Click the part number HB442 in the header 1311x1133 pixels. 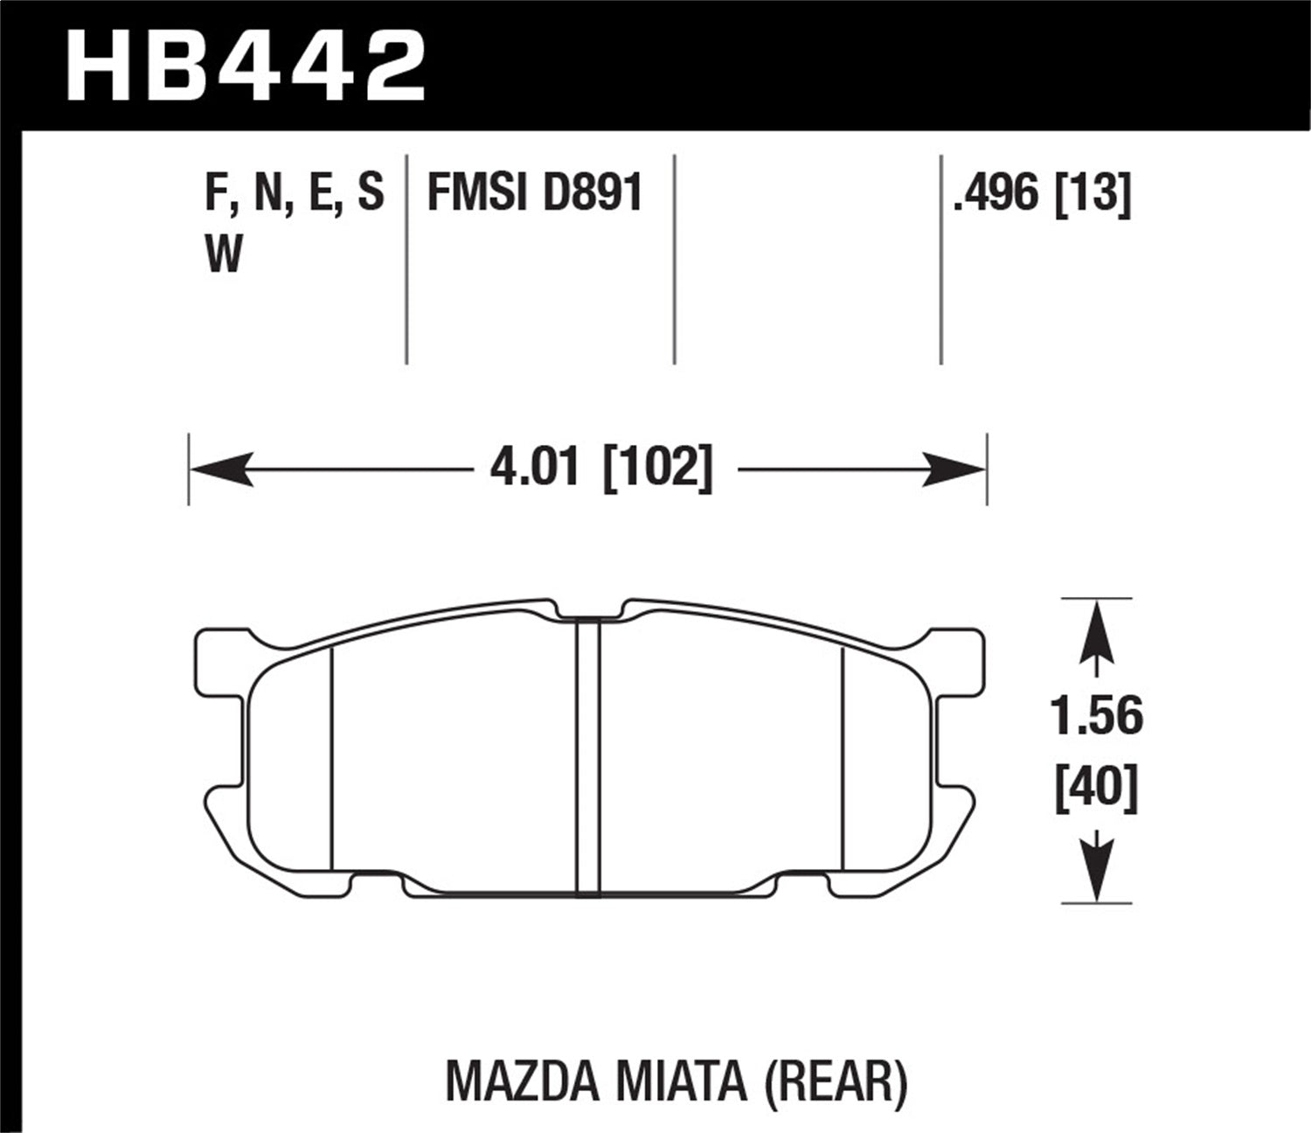coord(245,66)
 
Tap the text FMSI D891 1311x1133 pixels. coord(534,193)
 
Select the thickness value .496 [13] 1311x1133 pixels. coord(1043,193)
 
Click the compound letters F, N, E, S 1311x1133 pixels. coord(294,193)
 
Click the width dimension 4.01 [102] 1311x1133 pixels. coord(601,469)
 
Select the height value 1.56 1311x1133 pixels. coord(1097,717)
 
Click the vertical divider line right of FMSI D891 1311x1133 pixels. coord(675,259)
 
